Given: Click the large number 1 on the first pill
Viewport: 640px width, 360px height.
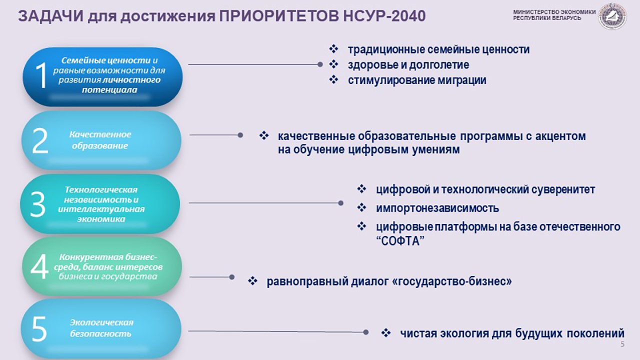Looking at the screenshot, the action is click(40, 75).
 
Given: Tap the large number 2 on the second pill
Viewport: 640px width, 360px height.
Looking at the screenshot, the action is click(40, 140).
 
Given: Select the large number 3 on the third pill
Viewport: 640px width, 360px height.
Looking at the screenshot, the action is click(37, 204).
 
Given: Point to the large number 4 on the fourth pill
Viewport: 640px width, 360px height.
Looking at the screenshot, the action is click(39, 266).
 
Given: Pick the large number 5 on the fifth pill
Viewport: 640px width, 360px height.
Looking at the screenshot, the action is click(39, 329).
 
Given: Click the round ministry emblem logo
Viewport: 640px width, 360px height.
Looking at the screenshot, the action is click(612, 16).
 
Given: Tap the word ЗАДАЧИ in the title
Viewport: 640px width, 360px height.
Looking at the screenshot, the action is click(51, 16).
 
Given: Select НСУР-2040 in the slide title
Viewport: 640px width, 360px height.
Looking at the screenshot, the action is click(384, 16).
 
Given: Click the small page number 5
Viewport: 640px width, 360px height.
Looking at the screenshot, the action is click(622, 344).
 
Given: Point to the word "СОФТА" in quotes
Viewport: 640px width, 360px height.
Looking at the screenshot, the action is click(400, 241).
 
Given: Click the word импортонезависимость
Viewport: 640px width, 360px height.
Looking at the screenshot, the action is click(437, 208).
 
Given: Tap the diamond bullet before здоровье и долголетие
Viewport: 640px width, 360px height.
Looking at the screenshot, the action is click(333, 64).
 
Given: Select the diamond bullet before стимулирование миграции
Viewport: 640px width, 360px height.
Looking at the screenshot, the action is click(333, 79).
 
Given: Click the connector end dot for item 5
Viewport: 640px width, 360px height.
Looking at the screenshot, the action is click(365, 332).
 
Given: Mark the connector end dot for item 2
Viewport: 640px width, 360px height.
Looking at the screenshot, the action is click(240, 135).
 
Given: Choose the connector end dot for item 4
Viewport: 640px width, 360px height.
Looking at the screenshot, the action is click(232, 277).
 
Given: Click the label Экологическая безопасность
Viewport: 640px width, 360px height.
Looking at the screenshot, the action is click(101, 328).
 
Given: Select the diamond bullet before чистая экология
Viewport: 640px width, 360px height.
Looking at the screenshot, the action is click(386, 332).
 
